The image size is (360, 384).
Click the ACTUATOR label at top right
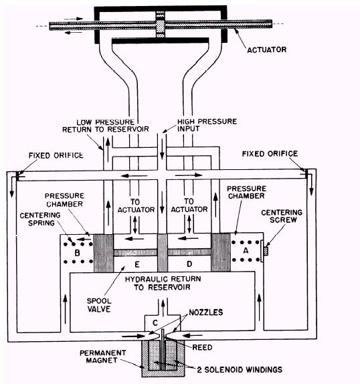coord(267,50)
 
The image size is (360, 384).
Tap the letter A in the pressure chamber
coord(246,250)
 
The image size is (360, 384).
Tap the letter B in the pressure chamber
coord(77,252)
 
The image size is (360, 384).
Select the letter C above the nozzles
coord(155,323)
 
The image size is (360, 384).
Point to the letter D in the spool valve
coord(189,264)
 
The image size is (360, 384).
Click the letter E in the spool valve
coord(137,264)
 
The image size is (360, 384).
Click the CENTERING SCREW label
coord(282,216)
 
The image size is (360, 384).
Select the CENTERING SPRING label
coord(40,219)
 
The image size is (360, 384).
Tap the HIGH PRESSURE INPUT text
coord(207,125)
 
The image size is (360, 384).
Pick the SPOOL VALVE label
coord(99,305)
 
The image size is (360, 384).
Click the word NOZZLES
coord(205,312)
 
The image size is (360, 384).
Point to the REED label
coord(202,347)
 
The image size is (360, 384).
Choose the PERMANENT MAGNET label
coord(103,357)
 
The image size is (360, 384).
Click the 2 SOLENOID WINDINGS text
coord(240,369)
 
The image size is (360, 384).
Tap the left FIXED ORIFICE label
coord(56,155)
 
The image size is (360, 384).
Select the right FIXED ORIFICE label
coord(270,154)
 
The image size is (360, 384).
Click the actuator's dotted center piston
coord(161,25)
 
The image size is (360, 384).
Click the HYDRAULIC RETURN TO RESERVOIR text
coord(163,283)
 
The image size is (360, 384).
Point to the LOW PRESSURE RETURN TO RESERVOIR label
coord(106,125)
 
